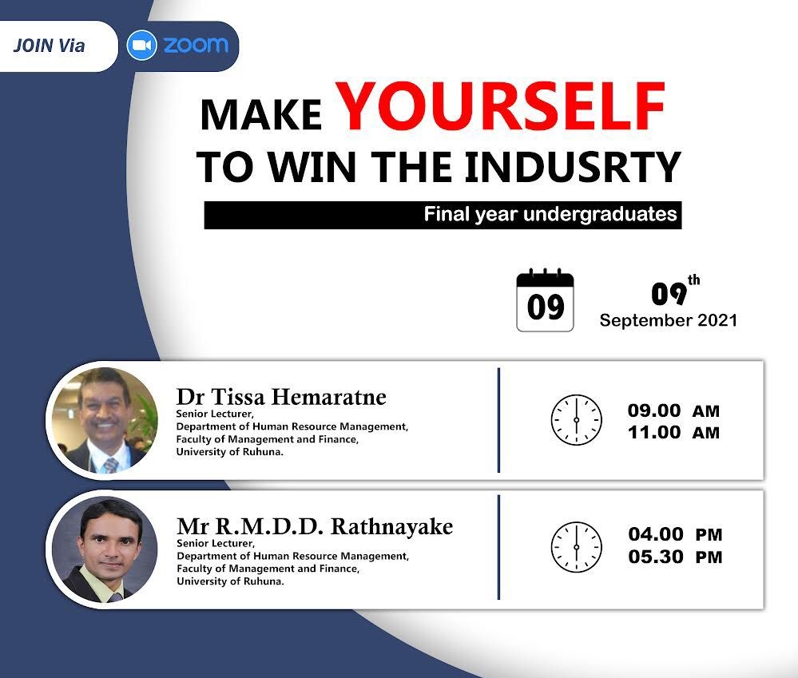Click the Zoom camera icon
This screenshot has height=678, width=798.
pos(141,46)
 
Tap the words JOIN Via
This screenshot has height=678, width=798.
pos(49,46)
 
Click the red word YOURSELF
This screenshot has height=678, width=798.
pos(500,107)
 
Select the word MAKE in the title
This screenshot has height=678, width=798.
pos(261,115)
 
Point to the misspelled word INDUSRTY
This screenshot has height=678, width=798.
pos(573,167)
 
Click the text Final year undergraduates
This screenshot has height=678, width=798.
pos(550,214)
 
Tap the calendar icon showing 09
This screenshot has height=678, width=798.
pos(545,300)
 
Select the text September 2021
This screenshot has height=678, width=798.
pos(669,320)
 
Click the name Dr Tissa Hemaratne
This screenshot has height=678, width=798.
pos(281,397)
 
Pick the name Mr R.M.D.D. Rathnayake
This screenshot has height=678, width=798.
pos(315,526)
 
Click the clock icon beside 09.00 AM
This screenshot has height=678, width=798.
pos(576,420)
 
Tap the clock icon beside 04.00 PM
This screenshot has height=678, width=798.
pos(576,547)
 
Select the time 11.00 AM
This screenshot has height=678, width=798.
pos(673,433)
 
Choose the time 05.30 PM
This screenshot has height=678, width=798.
pos(675,557)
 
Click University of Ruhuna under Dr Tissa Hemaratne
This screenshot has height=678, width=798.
pos(229,452)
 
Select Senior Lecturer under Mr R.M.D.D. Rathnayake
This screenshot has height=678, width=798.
pos(216,543)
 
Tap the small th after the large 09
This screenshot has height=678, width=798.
pos(693,280)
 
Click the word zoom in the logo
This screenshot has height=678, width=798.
pos(196,46)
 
